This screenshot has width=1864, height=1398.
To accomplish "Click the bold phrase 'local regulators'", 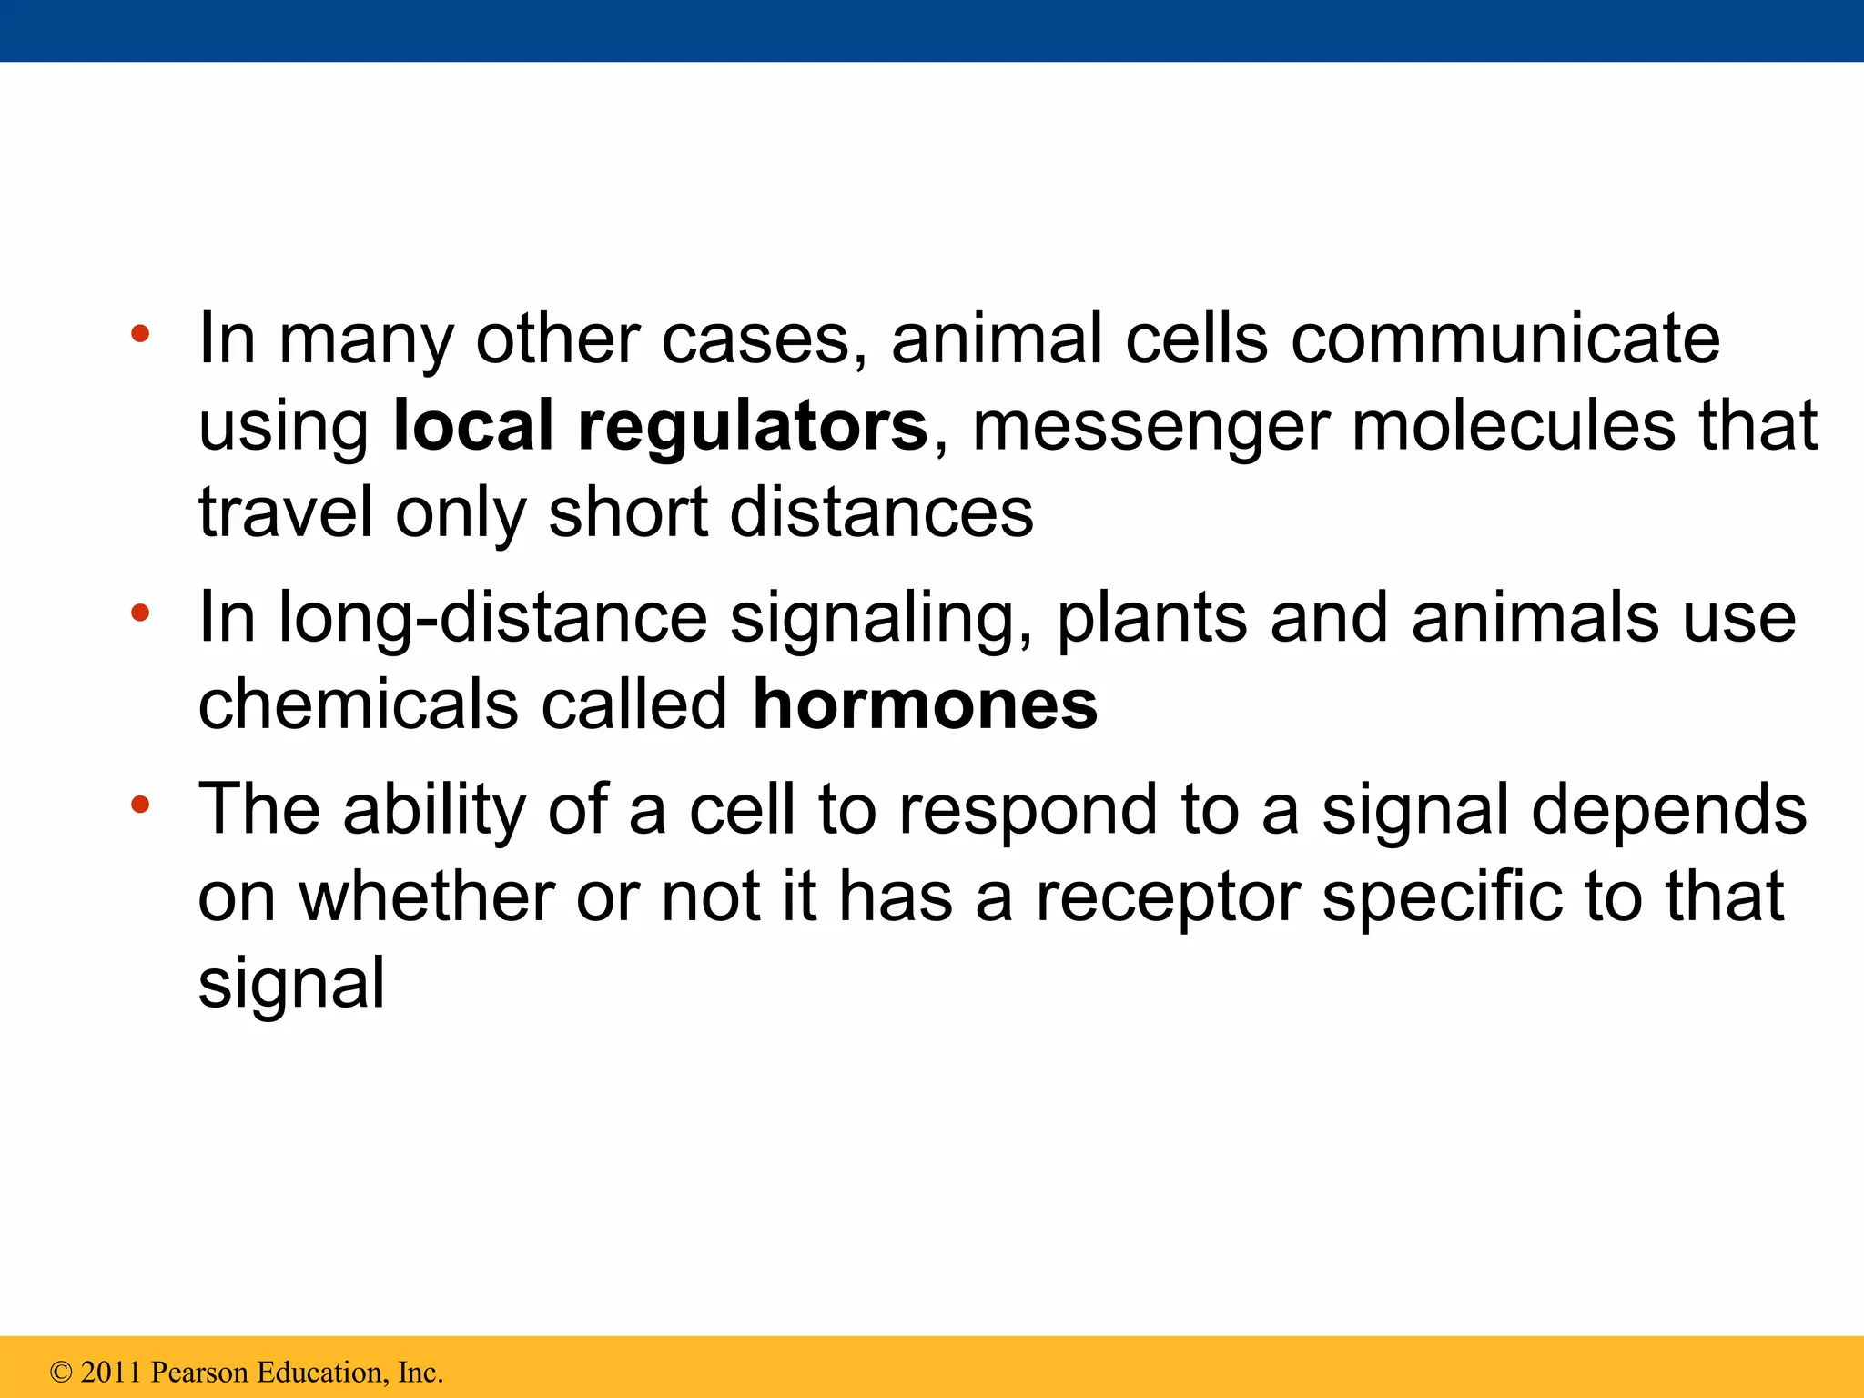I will (660, 426).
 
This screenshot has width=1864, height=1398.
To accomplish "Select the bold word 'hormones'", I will (925, 704).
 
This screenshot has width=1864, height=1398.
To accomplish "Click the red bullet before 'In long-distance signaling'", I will (139, 613).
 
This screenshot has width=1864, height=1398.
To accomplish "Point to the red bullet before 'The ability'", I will (139, 805).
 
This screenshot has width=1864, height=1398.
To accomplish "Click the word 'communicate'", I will (1505, 339).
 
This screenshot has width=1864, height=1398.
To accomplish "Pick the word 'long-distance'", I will (492, 618).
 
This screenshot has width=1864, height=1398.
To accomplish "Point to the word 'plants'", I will (1151, 618).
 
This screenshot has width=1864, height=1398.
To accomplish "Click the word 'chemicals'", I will (359, 704).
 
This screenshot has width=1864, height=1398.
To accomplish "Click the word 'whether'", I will (428, 897).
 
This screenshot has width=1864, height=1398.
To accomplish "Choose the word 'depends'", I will (1668, 810).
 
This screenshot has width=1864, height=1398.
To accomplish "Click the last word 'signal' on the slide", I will (291, 983).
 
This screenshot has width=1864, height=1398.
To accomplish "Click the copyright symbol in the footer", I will (61, 1373).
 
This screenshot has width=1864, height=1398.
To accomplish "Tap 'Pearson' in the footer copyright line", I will (199, 1373).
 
